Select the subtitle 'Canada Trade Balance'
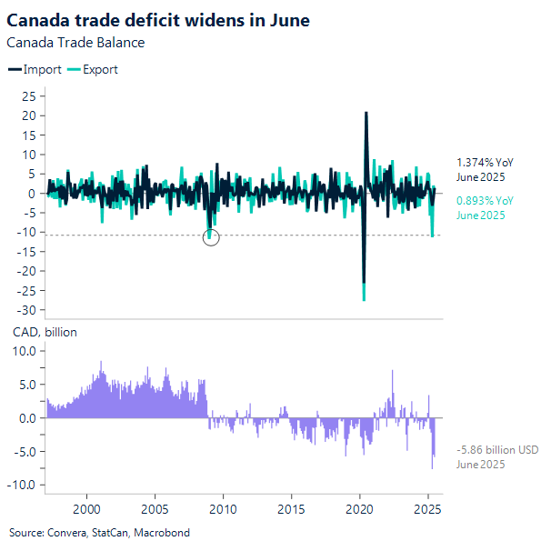(x=75, y=42)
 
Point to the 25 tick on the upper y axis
(x=28, y=96)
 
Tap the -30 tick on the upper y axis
(x=26, y=311)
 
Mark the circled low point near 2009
(x=210, y=238)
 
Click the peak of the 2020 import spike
(x=366, y=113)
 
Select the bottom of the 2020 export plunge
(x=364, y=299)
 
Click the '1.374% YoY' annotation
(x=485, y=161)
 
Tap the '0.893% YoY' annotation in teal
(x=485, y=201)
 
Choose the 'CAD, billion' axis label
(x=44, y=332)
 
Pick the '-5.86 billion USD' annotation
(x=497, y=450)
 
